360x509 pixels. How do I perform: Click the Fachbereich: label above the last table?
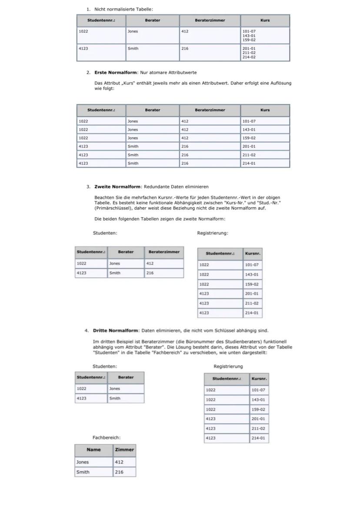click(107, 437)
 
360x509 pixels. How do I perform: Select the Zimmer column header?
click(124, 450)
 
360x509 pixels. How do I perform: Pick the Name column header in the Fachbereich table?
click(93, 450)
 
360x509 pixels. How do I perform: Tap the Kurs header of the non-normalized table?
click(265, 20)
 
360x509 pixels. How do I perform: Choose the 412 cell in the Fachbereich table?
click(124, 462)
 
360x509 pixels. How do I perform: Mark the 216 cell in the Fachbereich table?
click(124, 472)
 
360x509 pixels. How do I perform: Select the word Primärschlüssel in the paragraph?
click(111, 208)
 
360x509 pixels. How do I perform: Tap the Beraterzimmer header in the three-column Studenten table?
click(164, 252)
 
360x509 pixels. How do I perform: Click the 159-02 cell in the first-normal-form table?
click(265, 138)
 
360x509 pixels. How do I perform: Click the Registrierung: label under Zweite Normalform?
click(213, 233)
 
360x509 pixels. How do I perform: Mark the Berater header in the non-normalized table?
click(152, 20)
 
